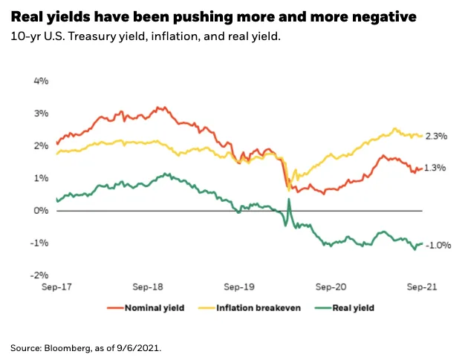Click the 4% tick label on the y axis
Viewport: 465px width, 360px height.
click(41, 81)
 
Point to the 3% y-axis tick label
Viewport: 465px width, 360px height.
click(41, 114)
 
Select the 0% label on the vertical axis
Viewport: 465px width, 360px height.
click(41, 211)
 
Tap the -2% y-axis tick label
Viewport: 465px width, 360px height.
click(39, 275)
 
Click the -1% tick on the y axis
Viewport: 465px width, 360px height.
click(39, 243)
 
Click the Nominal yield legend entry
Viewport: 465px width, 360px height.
click(146, 307)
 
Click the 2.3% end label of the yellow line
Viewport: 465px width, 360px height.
click(436, 136)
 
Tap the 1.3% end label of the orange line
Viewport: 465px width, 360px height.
click(436, 168)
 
